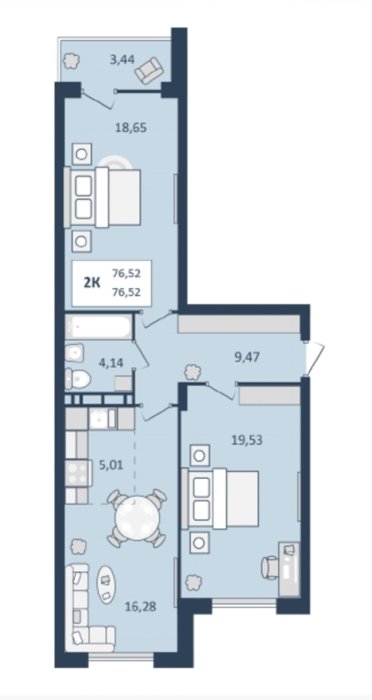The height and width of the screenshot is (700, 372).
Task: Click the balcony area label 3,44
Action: pos(122,58)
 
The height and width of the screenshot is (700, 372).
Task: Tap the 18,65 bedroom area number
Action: pos(131,128)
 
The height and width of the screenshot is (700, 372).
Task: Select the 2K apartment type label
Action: pos(92,283)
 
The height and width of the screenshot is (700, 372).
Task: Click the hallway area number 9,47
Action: pos(247,357)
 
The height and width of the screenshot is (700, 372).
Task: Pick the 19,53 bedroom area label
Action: pos(247,441)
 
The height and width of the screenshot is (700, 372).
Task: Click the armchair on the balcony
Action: pos(151,70)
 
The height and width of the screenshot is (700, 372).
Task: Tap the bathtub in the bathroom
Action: pos(99,326)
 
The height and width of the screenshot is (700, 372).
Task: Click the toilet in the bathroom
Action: pos(77,379)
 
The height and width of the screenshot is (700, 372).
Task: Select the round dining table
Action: pos(137,518)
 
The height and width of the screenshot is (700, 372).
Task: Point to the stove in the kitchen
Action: pos(78,473)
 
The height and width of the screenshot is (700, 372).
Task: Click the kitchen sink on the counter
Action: pos(103,419)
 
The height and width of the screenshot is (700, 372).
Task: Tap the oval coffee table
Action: pos(106,585)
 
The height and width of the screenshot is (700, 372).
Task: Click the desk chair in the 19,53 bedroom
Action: pos(269,567)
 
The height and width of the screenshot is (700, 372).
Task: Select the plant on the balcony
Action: pos(71,61)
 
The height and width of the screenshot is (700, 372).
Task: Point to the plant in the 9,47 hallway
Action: pos(192,371)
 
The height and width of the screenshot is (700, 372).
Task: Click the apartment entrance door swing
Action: pos(313,358)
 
